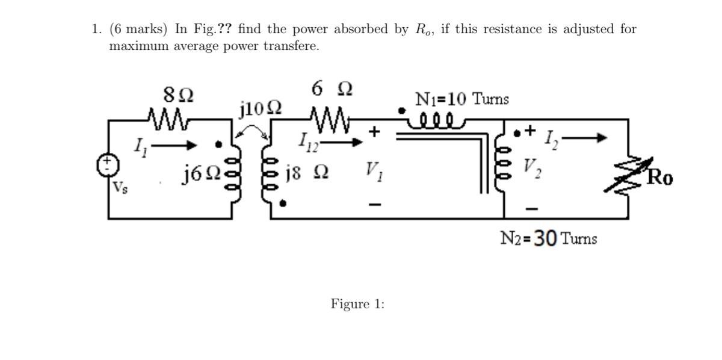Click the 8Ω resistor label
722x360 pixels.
tap(178, 95)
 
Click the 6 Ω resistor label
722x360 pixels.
tap(332, 88)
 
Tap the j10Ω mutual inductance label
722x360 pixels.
tap(259, 110)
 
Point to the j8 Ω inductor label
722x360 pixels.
tap(307, 174)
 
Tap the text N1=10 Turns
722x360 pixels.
tap(461, 99)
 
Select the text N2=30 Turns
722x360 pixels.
tap(548, 238)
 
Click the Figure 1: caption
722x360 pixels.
tap(357, 304)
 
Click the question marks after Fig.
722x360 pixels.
tap(226, 29)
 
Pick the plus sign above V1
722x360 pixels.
tap(374, 131)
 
